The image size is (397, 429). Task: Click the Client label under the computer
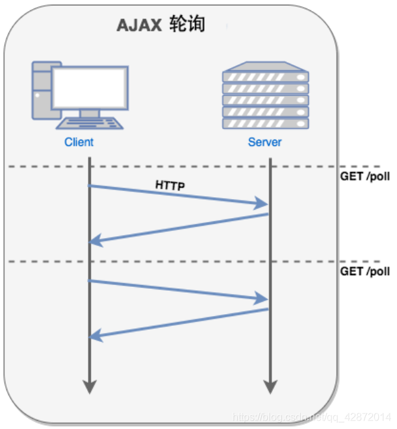pyautogui.click(x=79, y=142)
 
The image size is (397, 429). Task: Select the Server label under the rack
pyautogui.click(x=265, y=142)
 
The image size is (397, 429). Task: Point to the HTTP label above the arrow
pyautogui.click(x=170, y=186)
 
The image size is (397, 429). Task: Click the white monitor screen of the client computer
pyautogui.click(x=90, y=88)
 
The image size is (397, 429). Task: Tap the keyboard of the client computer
pyautogui.click(x=89, y=123)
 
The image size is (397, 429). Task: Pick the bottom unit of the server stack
pyautogui.click(x=265, y=123)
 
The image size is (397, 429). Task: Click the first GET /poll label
pyautogui.click(x=365, y=177)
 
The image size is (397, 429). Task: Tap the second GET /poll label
pyautogui.click(x=365, y=271)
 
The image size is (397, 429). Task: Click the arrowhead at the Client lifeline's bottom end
pyautogui.click(x=90, y=387)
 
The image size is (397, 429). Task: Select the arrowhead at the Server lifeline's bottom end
pyautogui.click(x=268, y=387)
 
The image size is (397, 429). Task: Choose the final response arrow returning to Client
pyautogui.click(x=179, y=323)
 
